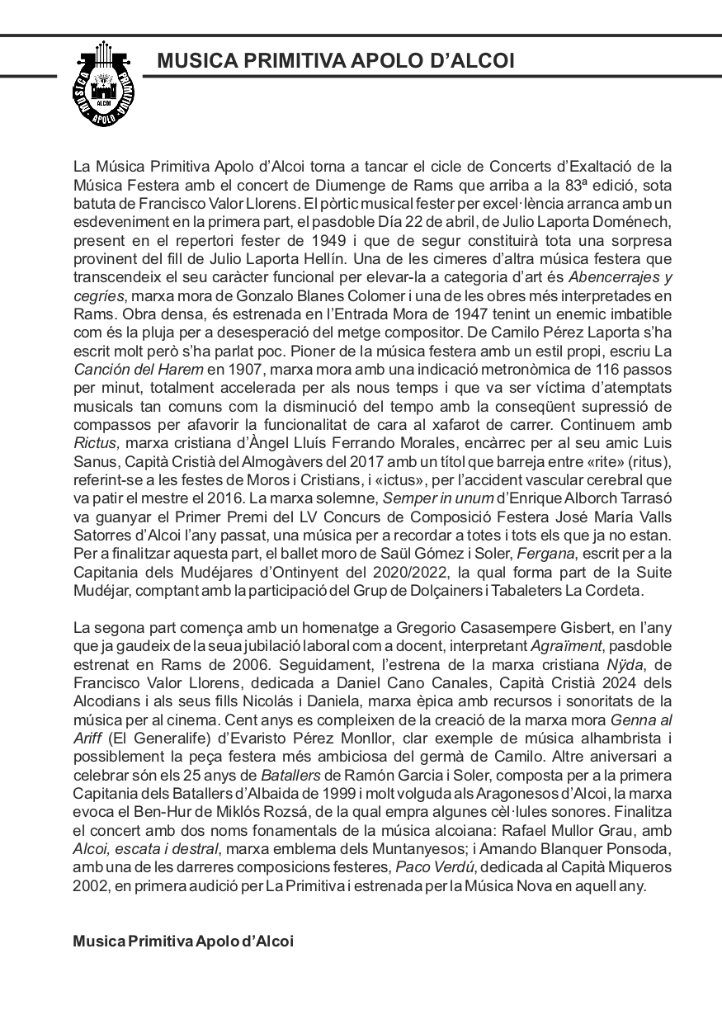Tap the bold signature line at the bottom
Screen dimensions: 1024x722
click(x=183, y=941)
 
